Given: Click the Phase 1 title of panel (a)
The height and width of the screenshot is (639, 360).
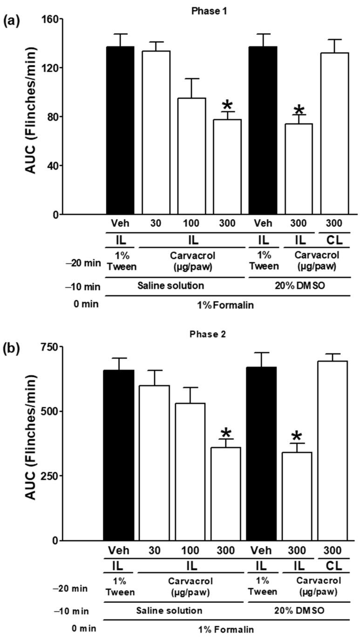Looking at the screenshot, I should point(205,11).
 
